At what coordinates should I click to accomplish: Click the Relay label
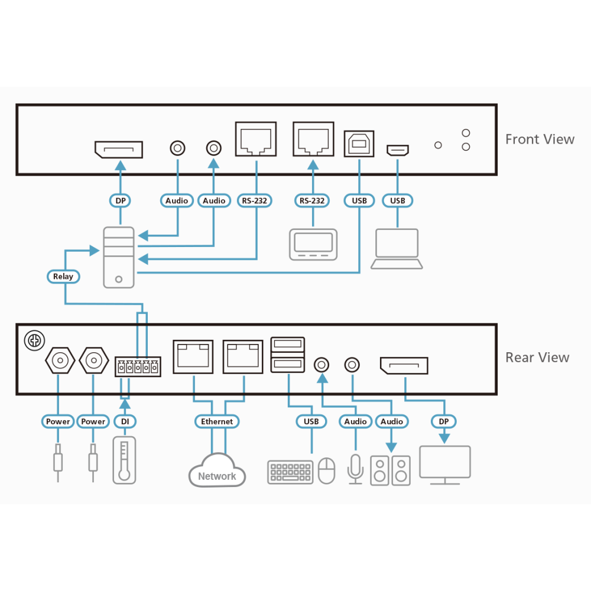[x=63, y=276]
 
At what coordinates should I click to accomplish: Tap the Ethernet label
[x=217, y=421]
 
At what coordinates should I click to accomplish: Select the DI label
[x=125, y=421]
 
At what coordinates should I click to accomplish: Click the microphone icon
[x=355, y=469]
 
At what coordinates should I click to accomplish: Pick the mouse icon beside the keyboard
[x=327, y=470]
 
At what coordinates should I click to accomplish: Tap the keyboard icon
[x=290, y=472]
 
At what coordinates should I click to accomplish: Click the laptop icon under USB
[x=397, y=249]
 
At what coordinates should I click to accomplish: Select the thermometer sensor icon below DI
[x=124, y=460]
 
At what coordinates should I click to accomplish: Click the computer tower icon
[x=119, y=258]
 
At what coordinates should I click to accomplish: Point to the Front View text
[x=540, y=139]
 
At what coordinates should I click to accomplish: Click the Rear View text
[x=537, y=358]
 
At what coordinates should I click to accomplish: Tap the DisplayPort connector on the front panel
[x=119, y=150]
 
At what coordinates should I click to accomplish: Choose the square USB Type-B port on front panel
[x=359, y=144]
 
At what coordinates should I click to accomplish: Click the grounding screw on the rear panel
[x=34, y=341]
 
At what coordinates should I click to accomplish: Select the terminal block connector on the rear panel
[x=138, y=367]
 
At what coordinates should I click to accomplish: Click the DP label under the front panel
[x=120, y=200]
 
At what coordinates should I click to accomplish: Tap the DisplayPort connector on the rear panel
[x=404, y=365]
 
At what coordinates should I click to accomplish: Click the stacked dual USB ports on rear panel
[x=288, y=355]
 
